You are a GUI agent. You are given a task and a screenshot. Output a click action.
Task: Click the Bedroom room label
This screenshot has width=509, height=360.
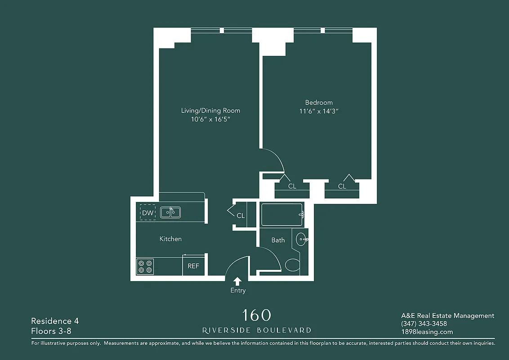319,103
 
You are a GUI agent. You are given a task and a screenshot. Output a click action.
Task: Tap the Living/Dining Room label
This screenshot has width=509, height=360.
210,111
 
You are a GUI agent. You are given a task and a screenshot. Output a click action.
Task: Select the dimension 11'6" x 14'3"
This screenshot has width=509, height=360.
319,111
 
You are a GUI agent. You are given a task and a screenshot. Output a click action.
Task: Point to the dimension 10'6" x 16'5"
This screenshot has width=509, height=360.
210,119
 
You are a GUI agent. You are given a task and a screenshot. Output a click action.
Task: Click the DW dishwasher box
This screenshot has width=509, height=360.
147,212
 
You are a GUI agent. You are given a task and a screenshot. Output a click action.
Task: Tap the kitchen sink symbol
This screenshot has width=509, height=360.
170,212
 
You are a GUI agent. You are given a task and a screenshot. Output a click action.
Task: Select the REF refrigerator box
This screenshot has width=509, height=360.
193,265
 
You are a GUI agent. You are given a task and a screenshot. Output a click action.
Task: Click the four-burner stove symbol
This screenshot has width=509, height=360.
145,266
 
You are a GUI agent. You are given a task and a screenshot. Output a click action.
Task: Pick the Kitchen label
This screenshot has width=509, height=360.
170,239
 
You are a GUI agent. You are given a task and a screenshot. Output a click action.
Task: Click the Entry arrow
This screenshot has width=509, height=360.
237,281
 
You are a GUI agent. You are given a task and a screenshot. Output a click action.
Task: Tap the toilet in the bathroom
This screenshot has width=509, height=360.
292,265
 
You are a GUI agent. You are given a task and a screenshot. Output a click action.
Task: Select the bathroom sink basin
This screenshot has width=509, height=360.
301,239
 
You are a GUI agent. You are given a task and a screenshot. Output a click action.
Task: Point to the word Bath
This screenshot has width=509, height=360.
278,240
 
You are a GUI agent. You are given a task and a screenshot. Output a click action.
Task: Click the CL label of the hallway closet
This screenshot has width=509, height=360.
241,216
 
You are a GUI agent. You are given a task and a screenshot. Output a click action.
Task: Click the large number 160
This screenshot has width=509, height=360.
256,315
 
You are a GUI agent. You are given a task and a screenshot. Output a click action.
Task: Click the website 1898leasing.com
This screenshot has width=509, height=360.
427,332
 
